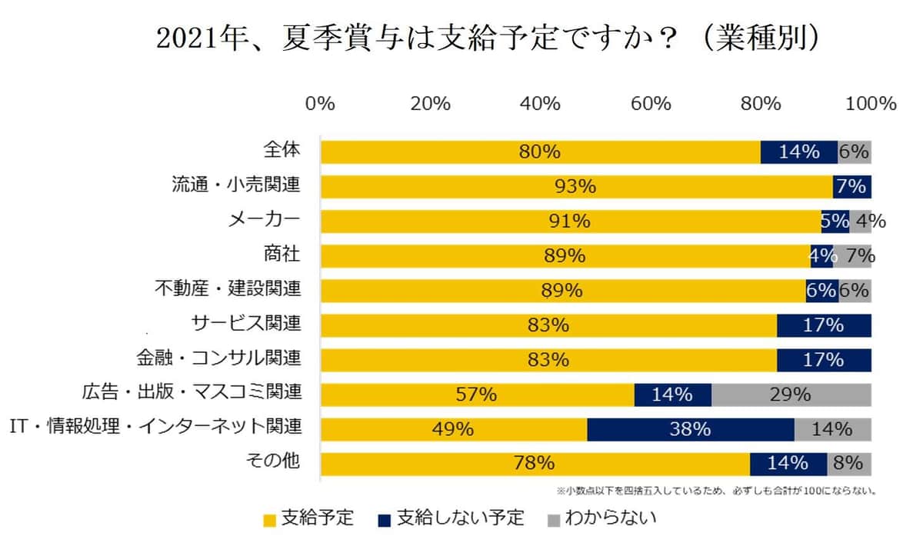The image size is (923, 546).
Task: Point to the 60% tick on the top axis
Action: [650, 103]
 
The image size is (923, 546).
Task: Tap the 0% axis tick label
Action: [320, 103]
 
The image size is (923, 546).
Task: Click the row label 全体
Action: [281, 151]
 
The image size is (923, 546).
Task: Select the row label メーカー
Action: [264, 220]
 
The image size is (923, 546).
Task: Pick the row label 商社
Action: [281, 255]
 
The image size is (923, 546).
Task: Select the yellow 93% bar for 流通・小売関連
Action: [575, 186]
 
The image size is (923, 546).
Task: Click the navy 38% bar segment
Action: [690, 429]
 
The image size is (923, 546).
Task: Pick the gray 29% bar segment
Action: [791, 395]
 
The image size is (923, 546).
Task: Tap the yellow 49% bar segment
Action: [453, 429]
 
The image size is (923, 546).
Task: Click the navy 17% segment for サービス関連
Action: [823, 325]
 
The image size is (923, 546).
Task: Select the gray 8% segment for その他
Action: [849, 464]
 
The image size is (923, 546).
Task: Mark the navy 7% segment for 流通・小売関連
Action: [851, 186]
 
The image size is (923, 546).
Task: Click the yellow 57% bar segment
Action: [477, 395]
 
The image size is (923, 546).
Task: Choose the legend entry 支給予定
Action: [308, 518]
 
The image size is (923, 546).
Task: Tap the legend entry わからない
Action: [601, 518]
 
